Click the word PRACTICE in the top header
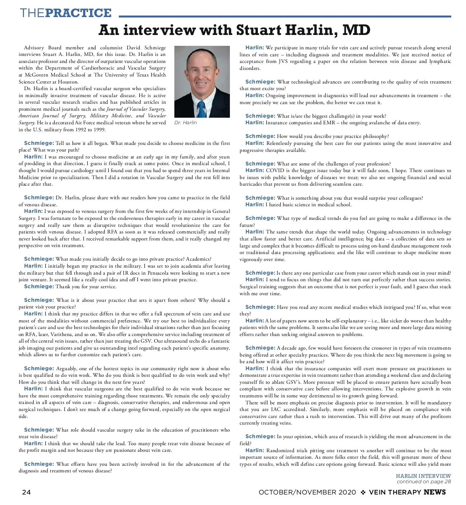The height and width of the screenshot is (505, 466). (x=78, y=13)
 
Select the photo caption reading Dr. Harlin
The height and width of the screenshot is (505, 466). (x=186, y=123)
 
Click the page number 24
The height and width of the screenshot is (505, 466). (x=26, y=492)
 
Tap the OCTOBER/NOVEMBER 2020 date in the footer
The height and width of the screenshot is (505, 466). (x=307, y=492)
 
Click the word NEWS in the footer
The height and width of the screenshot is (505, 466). (x=435, y=492)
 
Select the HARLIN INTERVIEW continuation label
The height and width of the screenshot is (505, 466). (x=423, y=476)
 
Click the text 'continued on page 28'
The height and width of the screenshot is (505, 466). (x=424, y=482)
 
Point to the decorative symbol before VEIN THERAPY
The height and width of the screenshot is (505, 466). (x=363, y=492)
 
